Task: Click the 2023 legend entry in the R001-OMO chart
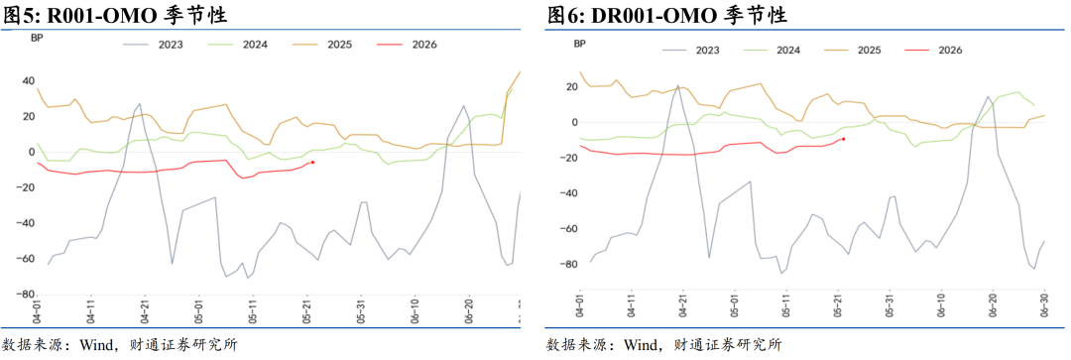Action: [154, 45]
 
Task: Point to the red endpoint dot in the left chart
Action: [312, 162]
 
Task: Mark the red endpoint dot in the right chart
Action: [844, 139]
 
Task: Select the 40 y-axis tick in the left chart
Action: [28, 81]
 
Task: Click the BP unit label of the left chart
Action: [37, 39]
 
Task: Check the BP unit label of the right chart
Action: [579, 44]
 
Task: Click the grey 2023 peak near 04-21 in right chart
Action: [679, 85]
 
